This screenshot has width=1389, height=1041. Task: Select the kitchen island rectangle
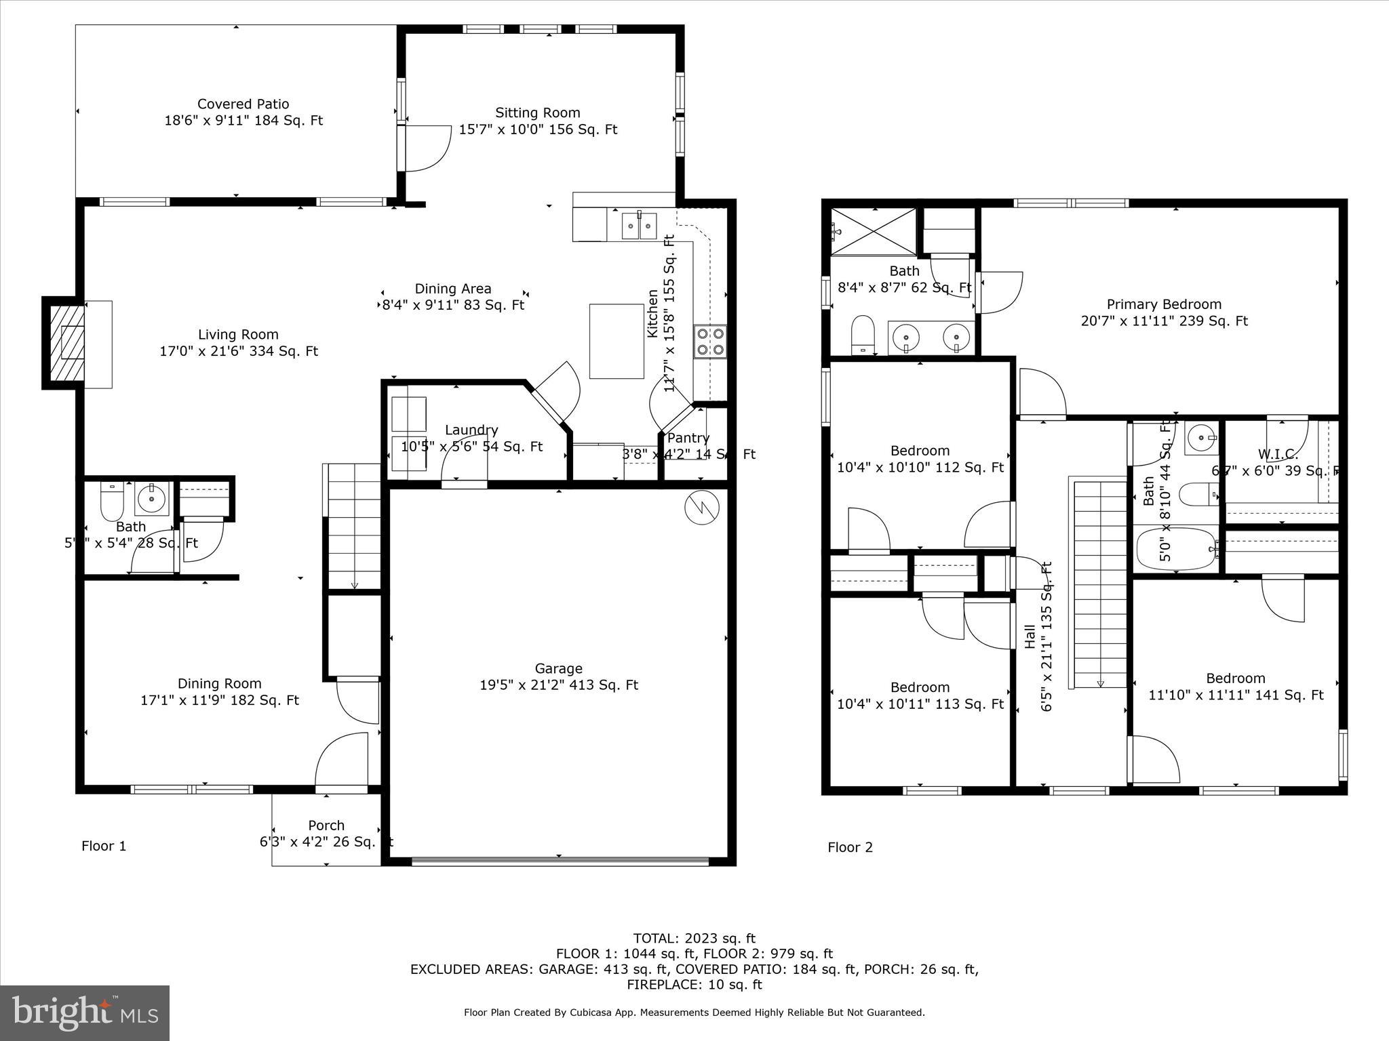click(x=616, y=341)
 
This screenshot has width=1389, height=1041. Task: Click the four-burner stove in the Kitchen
click(x=709, y=342)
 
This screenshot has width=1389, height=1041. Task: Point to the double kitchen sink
click(x=640, y=225)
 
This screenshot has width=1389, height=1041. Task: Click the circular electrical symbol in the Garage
click(x=701, y=507)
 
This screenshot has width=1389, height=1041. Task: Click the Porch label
click(x=326, y=825)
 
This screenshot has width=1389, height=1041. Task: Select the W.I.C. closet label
click(x=1278, y=454)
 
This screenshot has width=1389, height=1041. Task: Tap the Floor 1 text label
click(x=104, y=846)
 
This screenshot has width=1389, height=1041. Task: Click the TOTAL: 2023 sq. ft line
click(x=694, y=939)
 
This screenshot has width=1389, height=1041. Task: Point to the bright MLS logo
click(x=85, y=1013)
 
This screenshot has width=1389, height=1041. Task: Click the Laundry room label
click(x=471, y=430)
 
